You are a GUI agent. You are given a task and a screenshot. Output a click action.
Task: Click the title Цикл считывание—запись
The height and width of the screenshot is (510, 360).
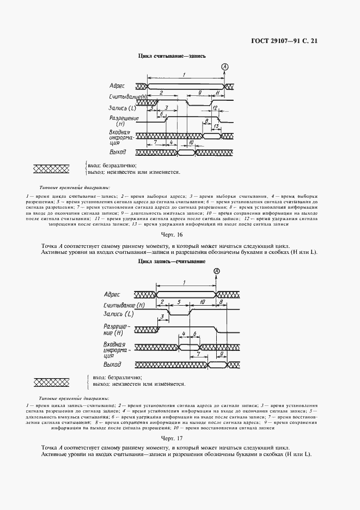(x=172, y=57)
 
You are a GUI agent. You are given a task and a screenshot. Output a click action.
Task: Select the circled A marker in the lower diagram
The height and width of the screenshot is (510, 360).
(x=216, y=271)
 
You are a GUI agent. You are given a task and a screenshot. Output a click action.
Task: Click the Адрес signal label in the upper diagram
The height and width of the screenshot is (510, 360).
(x=117, y=86)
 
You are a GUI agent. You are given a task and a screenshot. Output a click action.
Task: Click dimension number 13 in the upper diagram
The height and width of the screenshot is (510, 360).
(x=216, y=126)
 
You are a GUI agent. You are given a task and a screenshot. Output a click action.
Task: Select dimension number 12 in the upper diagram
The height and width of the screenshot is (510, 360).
(x=216, y=108)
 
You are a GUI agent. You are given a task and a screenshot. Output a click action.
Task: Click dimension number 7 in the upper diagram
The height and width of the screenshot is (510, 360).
(x=155, y=142)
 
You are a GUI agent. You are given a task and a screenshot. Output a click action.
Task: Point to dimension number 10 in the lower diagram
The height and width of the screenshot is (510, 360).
(x=202, y=301)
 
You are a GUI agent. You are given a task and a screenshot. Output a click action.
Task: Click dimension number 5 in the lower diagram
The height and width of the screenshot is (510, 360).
(x=179, y=301)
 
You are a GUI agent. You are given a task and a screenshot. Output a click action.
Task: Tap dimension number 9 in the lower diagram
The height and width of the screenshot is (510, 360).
(x=221, y=353)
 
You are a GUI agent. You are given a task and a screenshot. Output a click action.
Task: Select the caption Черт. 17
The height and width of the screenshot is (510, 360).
(x=172, y=438)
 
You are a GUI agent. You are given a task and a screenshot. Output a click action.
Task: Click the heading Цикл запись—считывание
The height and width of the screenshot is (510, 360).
(x=172, y=262)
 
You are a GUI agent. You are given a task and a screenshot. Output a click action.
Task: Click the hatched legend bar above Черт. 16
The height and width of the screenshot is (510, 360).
(x=56, y=168)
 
